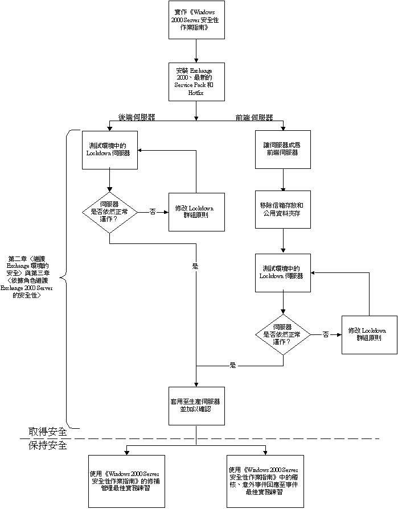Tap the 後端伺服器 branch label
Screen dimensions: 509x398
137,118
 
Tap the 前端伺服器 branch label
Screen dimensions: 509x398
254,118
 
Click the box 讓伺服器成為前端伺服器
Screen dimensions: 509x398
283,149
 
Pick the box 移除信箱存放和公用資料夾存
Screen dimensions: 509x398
283,209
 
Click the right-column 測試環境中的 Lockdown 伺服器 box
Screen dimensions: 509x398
283,272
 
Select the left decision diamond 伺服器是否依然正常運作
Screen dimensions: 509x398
109,212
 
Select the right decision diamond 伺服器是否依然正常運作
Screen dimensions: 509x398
283,335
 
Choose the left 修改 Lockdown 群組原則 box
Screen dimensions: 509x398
196,212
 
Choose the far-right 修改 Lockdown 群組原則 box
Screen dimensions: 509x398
369,335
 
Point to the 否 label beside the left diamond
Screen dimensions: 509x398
153,212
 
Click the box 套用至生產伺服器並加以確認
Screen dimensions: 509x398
196,405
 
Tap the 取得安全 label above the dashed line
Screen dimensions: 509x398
48,432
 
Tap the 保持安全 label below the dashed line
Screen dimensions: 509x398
48,446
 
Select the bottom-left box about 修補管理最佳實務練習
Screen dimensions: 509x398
126,481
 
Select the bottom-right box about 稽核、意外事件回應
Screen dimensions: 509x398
265,481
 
